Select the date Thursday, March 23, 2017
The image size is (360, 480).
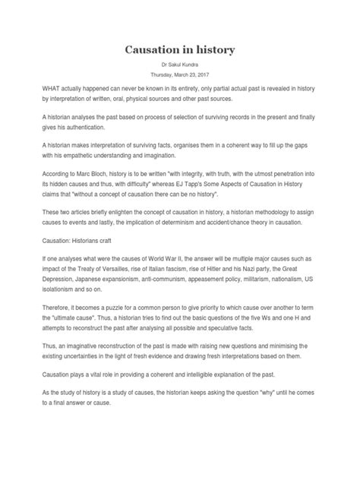(180, 77)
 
